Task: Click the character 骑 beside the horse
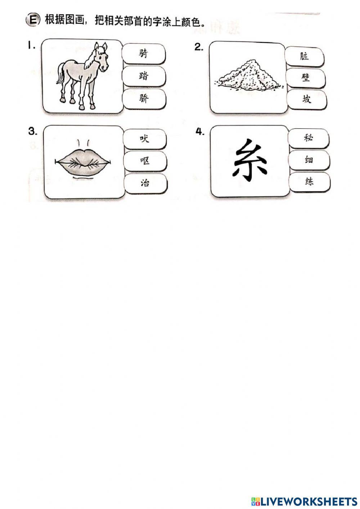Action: (143, 54)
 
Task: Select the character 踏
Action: (143, 76)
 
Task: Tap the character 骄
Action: (144, 98)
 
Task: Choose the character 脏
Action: (304, 56)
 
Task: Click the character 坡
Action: (307, 99)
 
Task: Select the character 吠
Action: (144, 139)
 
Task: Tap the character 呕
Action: (145, 161)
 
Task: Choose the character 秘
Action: (309, 137)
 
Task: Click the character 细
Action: (309, 159)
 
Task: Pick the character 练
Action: (309, 181)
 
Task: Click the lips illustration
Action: (83, 161)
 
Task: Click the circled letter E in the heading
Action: (32, 20)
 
